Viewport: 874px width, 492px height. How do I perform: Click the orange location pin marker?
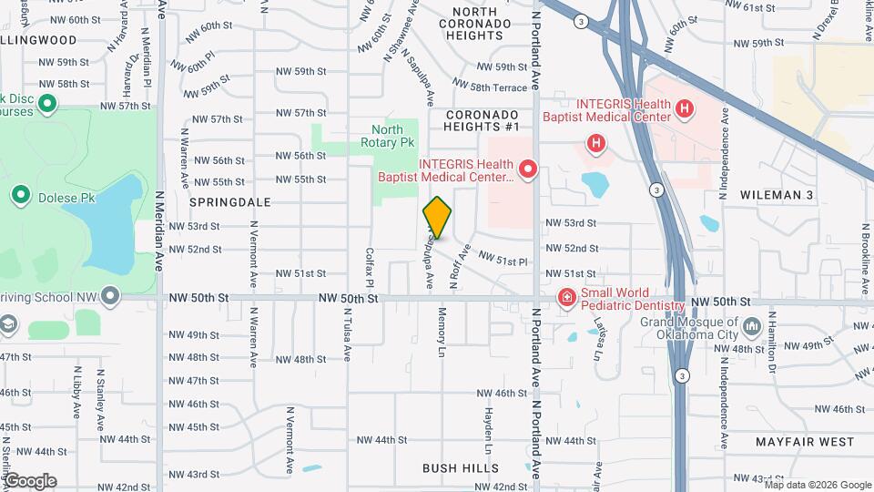pos(437,217)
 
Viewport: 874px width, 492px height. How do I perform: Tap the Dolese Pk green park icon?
pos(21,194)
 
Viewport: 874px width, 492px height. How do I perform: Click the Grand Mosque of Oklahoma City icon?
pos(752,326)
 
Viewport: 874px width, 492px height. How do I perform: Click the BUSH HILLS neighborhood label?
pos(460,468)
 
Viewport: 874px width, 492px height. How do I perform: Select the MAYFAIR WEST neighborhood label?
pos(805,442)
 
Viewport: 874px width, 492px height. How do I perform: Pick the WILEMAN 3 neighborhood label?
pos(776,195)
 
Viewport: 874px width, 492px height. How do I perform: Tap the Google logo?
pos(29,481)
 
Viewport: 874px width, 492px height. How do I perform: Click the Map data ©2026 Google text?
pos(823,485)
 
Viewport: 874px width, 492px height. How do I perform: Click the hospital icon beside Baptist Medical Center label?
pos(527,169)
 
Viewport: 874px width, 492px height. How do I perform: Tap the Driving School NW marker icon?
pos(111,296)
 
